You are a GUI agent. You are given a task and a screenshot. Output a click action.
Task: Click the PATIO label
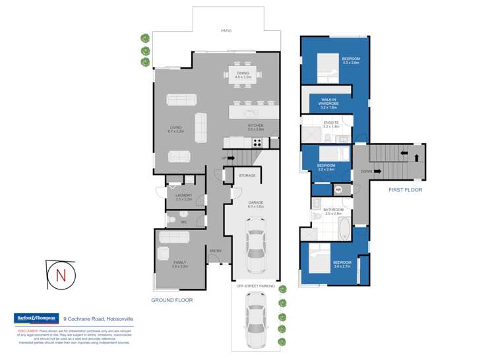226,31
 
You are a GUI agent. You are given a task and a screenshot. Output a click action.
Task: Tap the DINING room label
243,75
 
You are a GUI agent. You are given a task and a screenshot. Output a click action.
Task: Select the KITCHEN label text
255,127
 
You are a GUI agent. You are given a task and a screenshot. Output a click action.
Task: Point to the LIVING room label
175,129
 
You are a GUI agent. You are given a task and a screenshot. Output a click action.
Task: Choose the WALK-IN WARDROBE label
332,103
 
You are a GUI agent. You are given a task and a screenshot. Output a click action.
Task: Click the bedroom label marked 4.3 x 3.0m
350,61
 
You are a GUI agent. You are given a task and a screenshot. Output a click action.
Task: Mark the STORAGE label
247,175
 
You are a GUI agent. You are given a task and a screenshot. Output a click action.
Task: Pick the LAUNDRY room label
183,197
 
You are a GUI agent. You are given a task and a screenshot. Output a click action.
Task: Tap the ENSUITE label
331,124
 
